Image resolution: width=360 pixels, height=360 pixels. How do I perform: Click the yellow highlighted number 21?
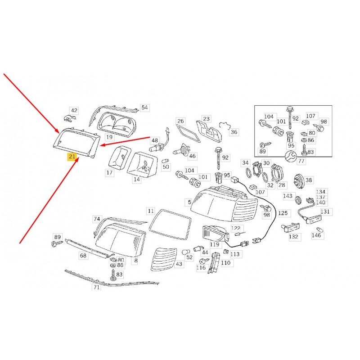[x=72, y=157]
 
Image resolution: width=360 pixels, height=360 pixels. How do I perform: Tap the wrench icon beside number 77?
[x=290, y=157]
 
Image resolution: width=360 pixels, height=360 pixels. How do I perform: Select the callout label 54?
[x=144, y=108]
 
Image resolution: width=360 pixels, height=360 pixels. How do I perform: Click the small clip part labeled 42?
[x=70, y=118]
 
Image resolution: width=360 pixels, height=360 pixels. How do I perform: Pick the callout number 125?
[x=283, y=213]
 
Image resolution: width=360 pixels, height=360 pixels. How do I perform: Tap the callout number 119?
[x=215, y=244]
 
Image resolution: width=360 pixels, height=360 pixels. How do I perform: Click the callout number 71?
[x=96, y=287]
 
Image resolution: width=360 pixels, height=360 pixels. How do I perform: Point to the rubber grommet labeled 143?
[x=298, y=200]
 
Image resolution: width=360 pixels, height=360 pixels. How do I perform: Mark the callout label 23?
[x=207, y=119]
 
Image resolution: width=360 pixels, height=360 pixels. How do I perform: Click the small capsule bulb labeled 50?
[x=166, y=161]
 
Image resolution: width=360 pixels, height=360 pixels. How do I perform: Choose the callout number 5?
[x=189, y=202]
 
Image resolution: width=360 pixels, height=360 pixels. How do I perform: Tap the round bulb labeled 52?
[x=185, y=252]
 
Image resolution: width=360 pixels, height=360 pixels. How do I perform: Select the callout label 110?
[x=226, y=263]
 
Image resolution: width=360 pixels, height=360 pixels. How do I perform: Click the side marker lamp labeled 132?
[x=290, y=227]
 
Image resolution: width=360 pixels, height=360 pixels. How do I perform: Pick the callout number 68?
[x=83, y=255]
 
